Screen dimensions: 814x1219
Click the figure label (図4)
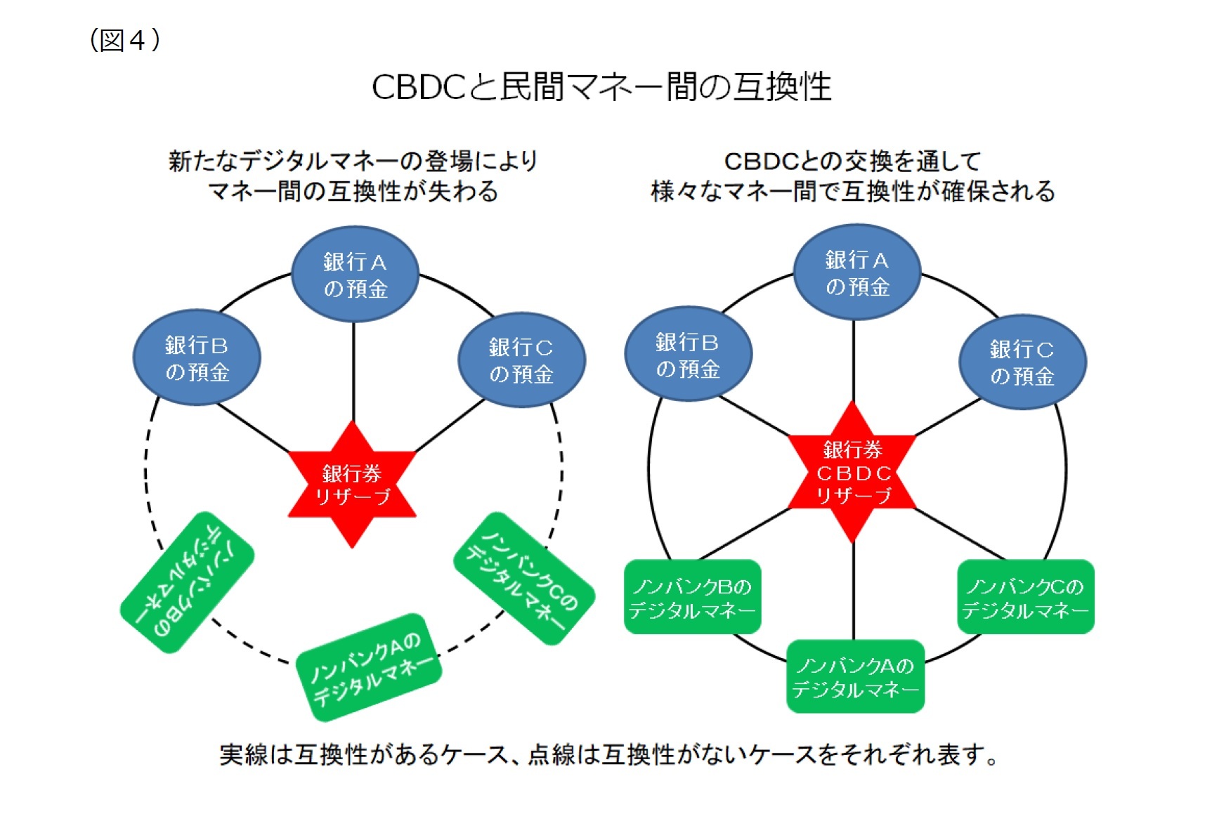pyautogui.click(x=125, y=40)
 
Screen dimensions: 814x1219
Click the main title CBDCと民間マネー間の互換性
pyautogui.click(x=601, y=87)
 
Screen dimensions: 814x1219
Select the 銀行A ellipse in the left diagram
pyautogui.click(x=355, y=275)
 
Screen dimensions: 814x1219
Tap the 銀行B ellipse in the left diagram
pyautogui.click(x=197, y=357)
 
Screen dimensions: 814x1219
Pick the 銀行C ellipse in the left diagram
pyautogui.click(x=521, y=360)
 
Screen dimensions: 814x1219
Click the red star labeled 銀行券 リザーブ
pyautogui.click(x=352, y=485)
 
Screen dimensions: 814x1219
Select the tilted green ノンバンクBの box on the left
pyautogui.click(x=187, y=582)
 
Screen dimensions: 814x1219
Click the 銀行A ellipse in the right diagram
pyautogui.click(x=856, y=273)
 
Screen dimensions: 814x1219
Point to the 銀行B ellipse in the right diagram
pyautogui.click(x=688, y=355)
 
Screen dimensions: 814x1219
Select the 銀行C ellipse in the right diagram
pyautogui.click(x=1022, y=362)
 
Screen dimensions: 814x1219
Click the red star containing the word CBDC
pyautogui.click(x=852, y=473)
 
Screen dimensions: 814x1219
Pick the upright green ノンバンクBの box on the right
pyautogui.click(x=692, y=597)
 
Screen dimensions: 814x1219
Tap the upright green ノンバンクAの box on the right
pyautogui.click(x=855, y=676)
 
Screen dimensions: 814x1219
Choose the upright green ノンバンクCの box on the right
pyautogui.click(x=1025, y=597)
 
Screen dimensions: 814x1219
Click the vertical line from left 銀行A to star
pyautogui.click(x=353, y=372)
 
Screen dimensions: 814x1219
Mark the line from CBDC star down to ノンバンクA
pyautogui.click(x=854, y=590)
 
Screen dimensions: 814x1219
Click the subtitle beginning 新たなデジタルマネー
pyautogui.click(x=353, y=176)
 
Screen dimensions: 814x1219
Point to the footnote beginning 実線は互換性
pyautogui.click(x=608, y=755)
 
